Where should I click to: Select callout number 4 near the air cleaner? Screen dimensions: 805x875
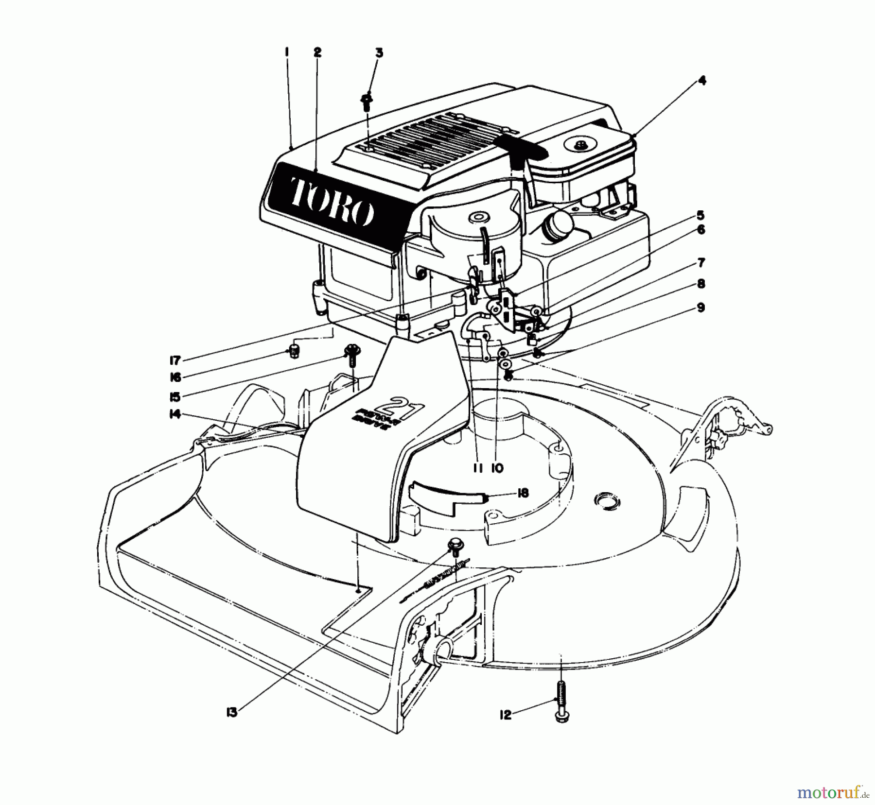click(700, 80)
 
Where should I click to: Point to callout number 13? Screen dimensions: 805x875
click(232, 713)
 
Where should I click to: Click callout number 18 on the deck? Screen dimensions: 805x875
click(510, 494)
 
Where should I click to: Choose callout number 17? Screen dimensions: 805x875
click(175, 360)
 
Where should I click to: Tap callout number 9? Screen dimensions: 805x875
click(700, 308)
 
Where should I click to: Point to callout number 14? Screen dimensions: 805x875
click(175, 414)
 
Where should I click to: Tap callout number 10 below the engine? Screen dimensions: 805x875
click(497, 468)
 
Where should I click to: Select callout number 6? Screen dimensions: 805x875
click(700, 230)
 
